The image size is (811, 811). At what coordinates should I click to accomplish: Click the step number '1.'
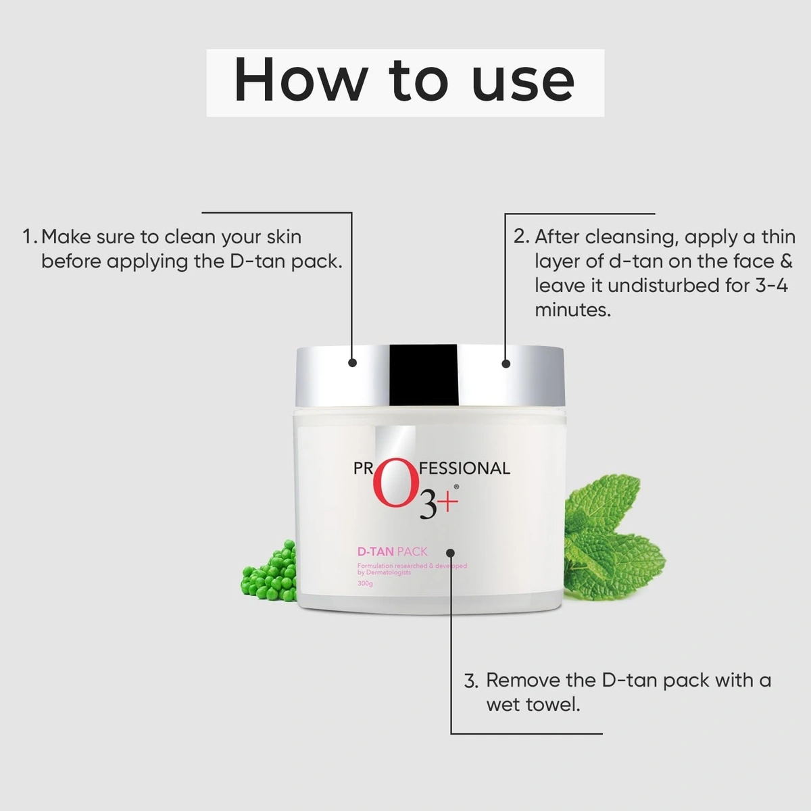(30, 237)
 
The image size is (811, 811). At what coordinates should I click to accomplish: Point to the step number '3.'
(471, 681)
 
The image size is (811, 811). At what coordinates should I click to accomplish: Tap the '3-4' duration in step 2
(771, 285)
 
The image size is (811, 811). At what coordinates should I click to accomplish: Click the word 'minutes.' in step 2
(572, 310)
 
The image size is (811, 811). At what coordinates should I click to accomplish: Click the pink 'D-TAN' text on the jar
(375, 551)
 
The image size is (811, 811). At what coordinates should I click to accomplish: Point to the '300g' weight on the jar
(365, 584)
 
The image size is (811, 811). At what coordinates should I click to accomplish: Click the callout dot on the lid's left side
(352, 363)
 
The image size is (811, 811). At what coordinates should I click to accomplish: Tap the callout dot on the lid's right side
(506, 364)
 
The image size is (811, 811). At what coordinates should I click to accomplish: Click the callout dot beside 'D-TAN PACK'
(451, 552)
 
